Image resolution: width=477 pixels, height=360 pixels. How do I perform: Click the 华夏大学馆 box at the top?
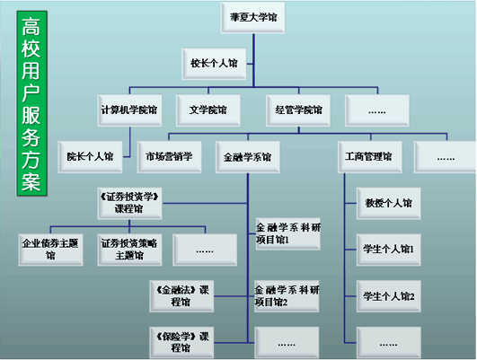point(252,17)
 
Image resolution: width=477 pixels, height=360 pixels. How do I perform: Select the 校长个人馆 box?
point(214,64)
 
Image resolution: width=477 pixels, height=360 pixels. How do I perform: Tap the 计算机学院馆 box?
point(129,110)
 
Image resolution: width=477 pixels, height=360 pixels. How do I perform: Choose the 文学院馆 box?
point(208,110)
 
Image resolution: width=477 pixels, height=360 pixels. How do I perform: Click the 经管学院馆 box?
point(298,110)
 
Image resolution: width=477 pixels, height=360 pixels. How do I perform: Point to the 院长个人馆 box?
point(91,157)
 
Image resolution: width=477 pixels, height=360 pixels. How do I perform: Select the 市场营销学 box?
point(169,157)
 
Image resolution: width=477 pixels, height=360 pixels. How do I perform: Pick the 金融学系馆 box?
point(248,157)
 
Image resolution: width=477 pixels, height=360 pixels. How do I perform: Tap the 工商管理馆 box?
point(370,157)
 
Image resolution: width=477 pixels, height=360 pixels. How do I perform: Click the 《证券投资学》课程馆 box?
point(129,203)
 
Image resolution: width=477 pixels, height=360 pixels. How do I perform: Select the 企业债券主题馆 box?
point(51,250)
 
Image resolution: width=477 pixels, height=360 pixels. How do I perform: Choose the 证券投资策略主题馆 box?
point(129,250)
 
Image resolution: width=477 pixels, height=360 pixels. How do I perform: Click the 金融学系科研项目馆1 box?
point(288,233)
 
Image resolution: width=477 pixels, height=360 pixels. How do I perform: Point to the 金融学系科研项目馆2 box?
point(287,296)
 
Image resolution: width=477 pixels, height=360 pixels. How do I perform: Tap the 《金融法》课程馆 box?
point(181,296)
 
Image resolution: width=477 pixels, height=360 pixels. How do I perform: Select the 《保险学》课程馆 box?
point(181,342)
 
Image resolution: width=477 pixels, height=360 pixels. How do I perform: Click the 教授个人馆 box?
point(389,203)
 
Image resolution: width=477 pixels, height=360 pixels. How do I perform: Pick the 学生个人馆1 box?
point(389,250)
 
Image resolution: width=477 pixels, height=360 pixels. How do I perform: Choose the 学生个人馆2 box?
point(389,296)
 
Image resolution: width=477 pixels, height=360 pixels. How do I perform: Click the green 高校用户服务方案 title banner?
point(32,103)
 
